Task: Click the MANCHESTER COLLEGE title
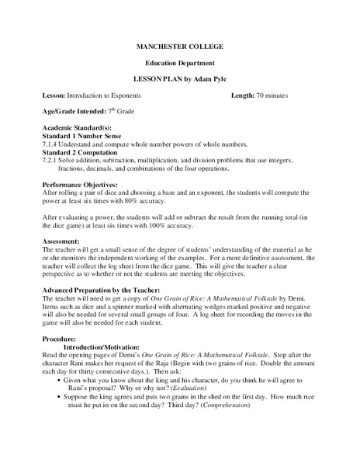(x=179, y=47)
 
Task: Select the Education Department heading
(x=179, y=62)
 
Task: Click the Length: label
(x=243, y=95)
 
